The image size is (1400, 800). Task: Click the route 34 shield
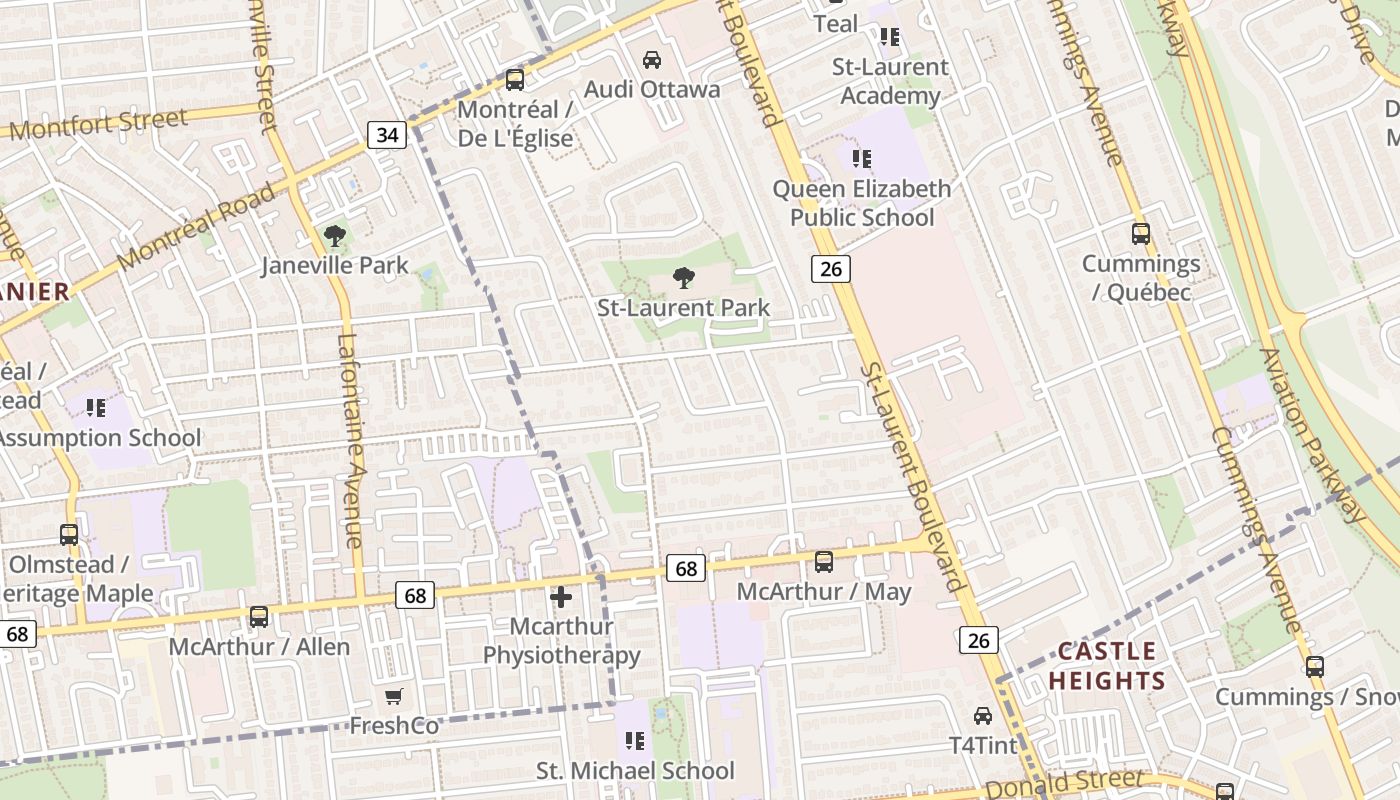(x=387, y=134)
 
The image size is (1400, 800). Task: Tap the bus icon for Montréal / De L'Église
(x=515, y=79)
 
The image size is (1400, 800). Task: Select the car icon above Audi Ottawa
(x=652, y=60)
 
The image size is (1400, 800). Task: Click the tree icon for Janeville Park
(x=334, y=236)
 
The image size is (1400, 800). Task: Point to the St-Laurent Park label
(x=683, y=307)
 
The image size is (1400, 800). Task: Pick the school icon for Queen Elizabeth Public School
(x=862, y=158)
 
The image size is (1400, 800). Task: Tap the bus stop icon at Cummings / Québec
(x=1141, y=234)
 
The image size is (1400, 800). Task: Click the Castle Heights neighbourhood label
(x=1106, y=666)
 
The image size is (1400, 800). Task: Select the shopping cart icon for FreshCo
(x=394, y=696)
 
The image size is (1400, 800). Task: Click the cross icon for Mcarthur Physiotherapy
(x=561, y=597)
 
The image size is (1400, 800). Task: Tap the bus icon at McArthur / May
(x=824, y=562)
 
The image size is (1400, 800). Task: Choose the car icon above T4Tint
(x=983, y=716)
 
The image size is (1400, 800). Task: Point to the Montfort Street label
(x=98, y=125)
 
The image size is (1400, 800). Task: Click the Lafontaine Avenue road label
(x=350, y=440)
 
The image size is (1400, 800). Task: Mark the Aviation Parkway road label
(x=1311, y=435)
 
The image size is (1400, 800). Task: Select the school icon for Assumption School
(x=96, y=408)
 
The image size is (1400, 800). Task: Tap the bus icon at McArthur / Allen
(x=259, y=617)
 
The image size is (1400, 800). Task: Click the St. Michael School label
(x=635, y=771)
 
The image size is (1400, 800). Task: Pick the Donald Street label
(x=1064, y=783)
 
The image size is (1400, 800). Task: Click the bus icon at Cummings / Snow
(x=1315, y=667)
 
